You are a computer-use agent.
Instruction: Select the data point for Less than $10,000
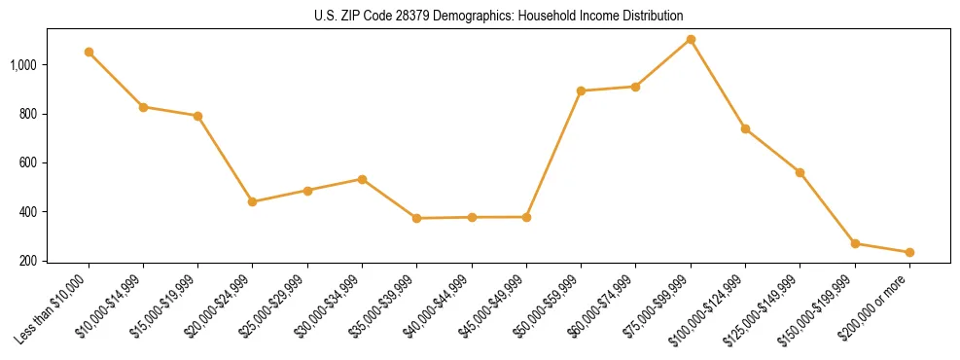click(x=89, y=52)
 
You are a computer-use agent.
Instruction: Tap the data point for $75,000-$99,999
click(x=691, y=39)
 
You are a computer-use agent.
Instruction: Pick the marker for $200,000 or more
click(x=909, y=252)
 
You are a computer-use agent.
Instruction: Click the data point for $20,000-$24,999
click(x=253, y=201)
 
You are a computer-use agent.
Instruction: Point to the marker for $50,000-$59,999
click(x=581, y=90)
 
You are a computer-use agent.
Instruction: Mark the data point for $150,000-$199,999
click(x=855, y=243)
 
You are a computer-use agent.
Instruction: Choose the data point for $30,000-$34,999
click(x=362, y=179)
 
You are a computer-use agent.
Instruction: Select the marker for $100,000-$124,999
click(x=745, y=128)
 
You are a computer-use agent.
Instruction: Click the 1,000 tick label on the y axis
click(x=24, y=65)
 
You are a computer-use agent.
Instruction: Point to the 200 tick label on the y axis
click(x=28, y=261)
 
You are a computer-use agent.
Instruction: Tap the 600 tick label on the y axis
click(x=28, y=163)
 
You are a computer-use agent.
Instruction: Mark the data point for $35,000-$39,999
click(x=416, y=218)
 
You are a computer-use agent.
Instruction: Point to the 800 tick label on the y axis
click(x=28, y=114)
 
